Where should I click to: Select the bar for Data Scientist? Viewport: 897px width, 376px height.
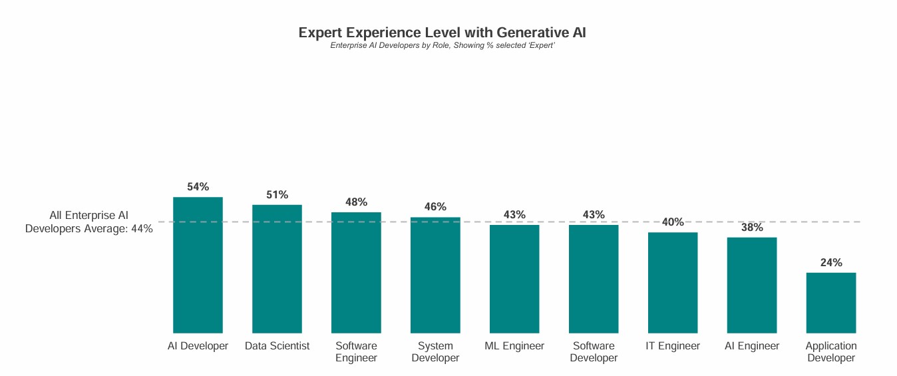point(277,269)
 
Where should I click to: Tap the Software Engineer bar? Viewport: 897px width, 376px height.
point(356,273)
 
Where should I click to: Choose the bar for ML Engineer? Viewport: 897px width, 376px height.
point(514,279)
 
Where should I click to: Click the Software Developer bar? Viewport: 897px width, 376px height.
point(594,279)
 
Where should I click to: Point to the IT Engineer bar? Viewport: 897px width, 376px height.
point(673,283)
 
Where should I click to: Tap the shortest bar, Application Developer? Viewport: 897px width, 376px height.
point(831,303)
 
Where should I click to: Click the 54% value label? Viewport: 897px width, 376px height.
point(198,187)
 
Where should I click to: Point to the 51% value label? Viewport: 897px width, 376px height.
point(277,195)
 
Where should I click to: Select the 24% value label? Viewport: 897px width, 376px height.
point(831,263)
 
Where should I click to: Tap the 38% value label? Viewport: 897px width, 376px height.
point(752,228)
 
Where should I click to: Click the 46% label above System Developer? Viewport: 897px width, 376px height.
point(435,207)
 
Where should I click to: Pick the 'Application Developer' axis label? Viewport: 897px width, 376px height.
point(831,352)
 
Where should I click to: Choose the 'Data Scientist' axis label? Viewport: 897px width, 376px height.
point(277,346)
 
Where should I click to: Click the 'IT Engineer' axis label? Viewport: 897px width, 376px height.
point(673,346)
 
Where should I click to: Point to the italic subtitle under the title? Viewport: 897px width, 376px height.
point(443,46)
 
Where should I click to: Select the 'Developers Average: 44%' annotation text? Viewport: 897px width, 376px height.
point(89,229)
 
